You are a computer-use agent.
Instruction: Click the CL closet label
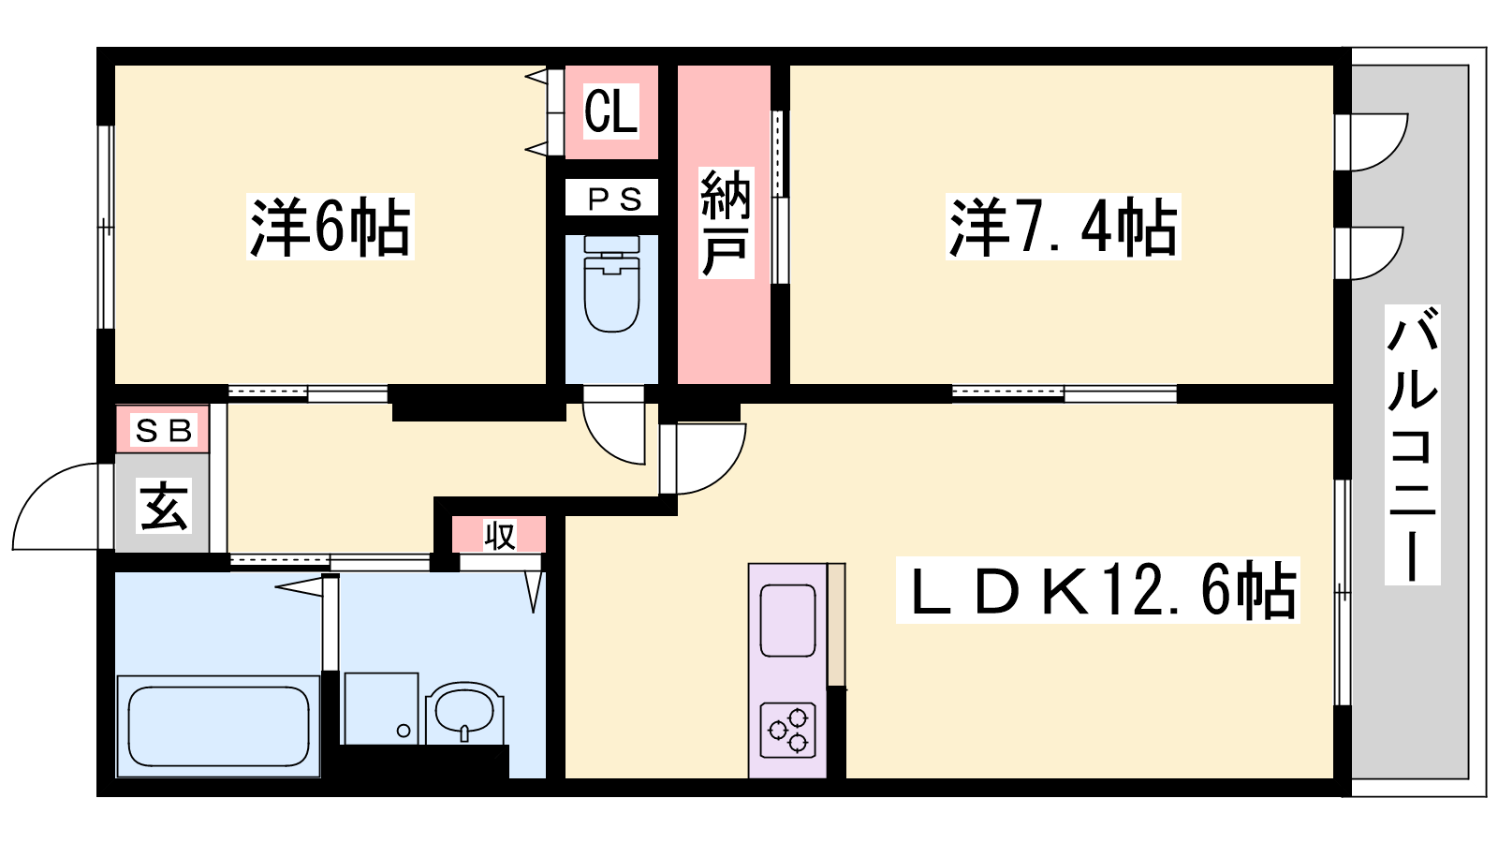611,111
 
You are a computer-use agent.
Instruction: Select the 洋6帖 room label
330,227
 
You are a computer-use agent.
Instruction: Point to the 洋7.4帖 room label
1064,227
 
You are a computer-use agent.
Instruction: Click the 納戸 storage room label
727,223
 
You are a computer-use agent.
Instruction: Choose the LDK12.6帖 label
1098,590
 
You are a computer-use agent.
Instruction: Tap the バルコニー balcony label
1412,445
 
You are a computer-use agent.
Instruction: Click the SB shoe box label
164,430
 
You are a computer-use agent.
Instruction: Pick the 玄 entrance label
164,506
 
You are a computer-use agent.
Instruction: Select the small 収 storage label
500,536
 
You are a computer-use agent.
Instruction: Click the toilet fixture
611,284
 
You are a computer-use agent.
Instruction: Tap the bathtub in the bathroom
218,727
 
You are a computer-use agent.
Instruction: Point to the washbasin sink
464,714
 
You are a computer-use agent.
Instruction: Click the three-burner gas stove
787,730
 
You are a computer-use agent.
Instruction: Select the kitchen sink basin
787,620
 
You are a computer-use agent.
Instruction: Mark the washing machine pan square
381,708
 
